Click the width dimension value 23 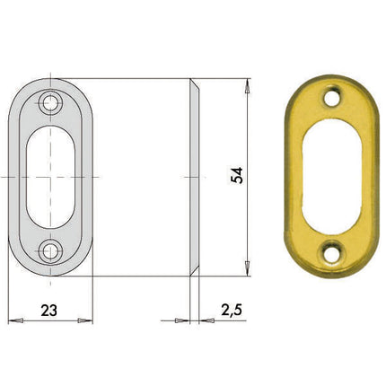pyautogui.click(x=49, y=310)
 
